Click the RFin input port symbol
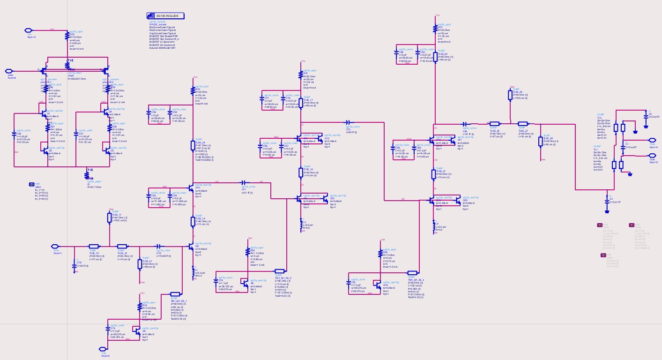pos(55,246)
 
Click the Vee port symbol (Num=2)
pos(103,349)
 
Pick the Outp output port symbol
pos(651,139)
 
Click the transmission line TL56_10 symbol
pos(93,246)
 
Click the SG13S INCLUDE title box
pos(163,15)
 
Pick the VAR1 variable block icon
pos(31,184)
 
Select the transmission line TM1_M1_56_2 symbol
pos(279,271)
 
